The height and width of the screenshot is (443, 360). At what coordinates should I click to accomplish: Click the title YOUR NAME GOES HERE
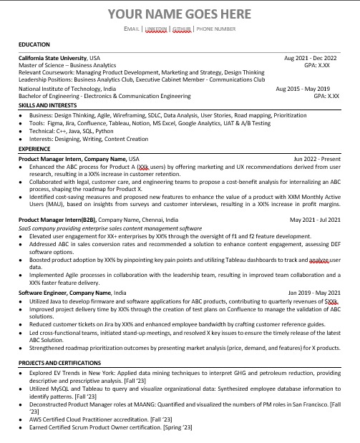pyautogui.click(x=180, y=14)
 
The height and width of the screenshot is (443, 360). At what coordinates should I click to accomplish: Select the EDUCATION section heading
pyautogui.click(x=36, y=44)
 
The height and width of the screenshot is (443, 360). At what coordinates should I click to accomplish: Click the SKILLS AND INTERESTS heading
pyautogui.click(x=47, y=104)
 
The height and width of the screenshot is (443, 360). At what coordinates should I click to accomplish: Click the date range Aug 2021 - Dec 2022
pyautogui.click(x=311, y=57)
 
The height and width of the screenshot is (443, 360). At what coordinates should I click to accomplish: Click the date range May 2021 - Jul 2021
pyautogui.click(x=315, y=220)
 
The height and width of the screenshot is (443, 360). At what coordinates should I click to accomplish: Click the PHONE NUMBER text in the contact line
pyautogui.click(x=215, y=29)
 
